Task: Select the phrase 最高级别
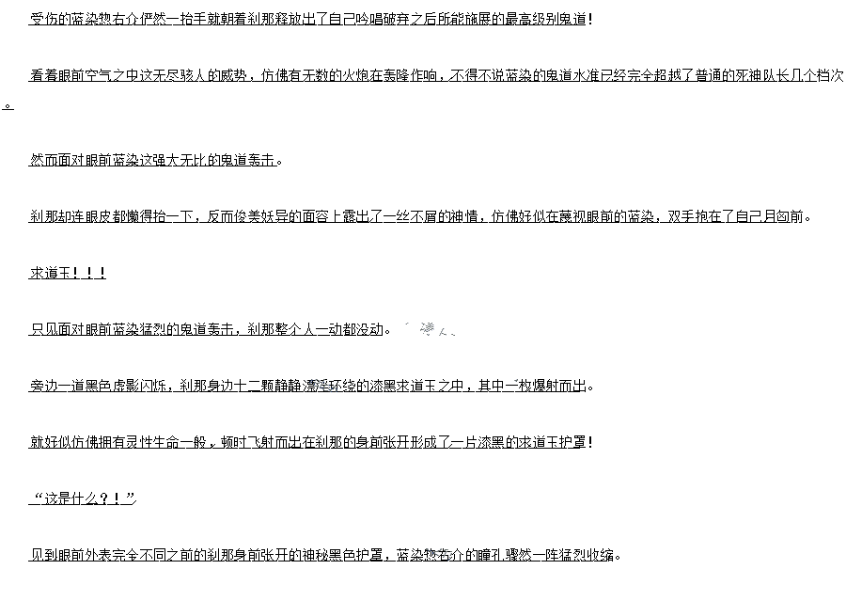(x=533, y=19)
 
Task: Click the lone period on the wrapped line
(x=8, y=104)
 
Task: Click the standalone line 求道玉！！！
(x=68, y=273)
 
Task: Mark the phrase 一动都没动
(x=350, y=329)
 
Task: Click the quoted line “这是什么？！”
(x=83, y=498)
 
